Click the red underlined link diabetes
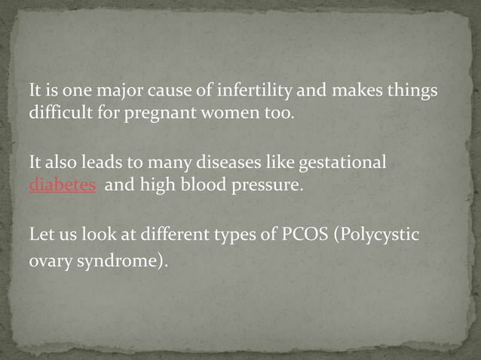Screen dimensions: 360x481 (62, 185)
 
